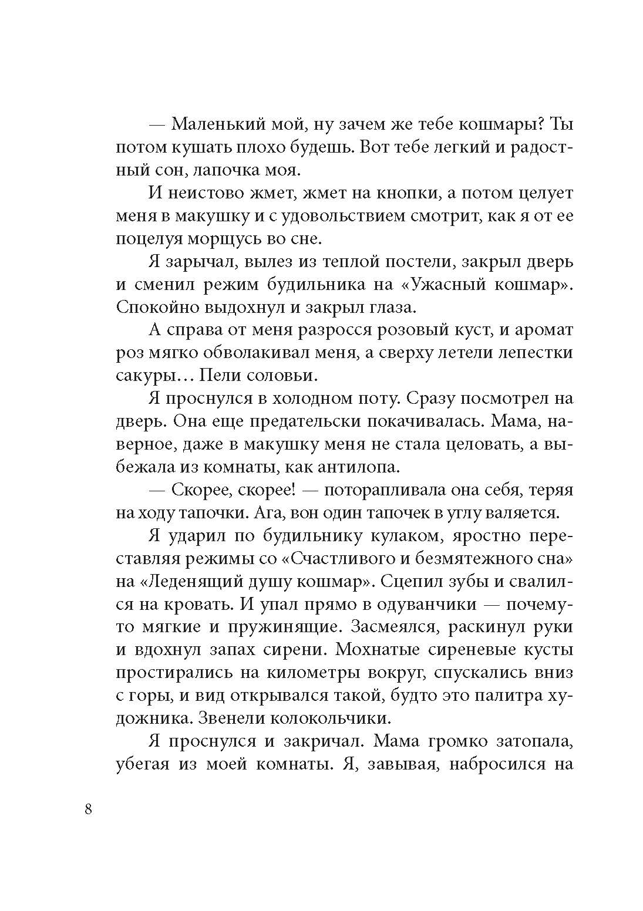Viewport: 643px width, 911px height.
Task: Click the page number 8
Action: click(89, 809)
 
